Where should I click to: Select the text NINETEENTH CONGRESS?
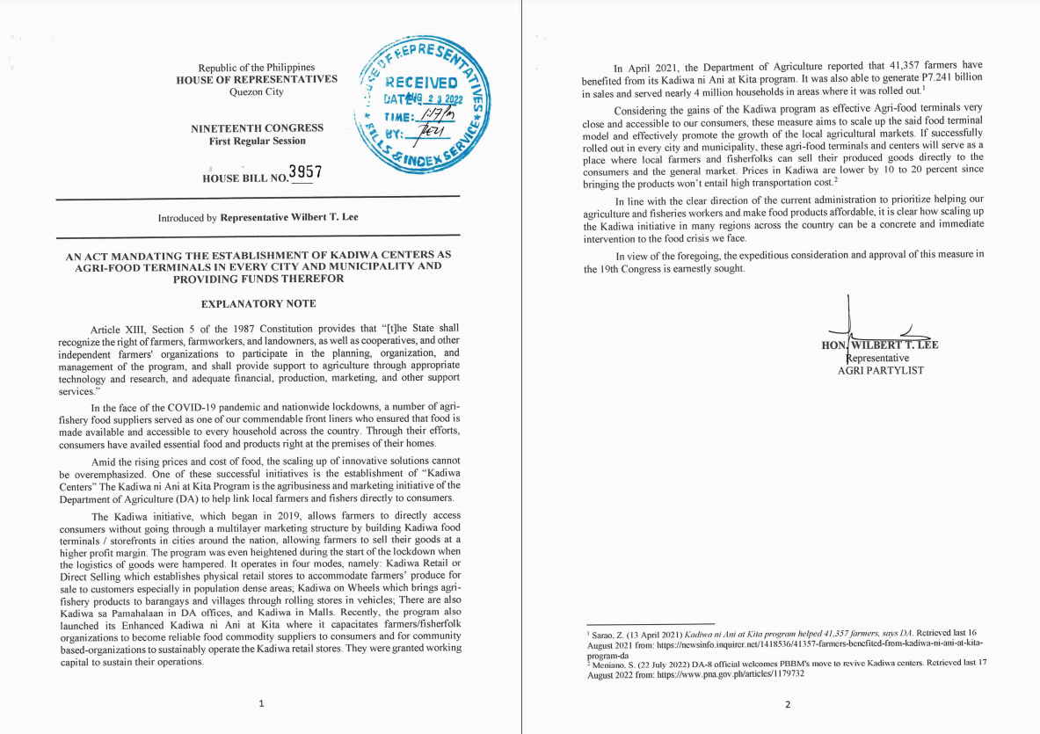[x=257, y=128]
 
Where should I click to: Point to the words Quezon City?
[x=256, y=91]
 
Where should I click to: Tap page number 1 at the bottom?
[x=259, y=703]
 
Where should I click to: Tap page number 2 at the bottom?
[x=787, y=704]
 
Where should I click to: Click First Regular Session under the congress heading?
[x=257, y=142]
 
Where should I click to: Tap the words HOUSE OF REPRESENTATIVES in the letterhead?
[x=256, y=79]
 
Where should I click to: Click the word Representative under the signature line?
[x=877, y=358]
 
